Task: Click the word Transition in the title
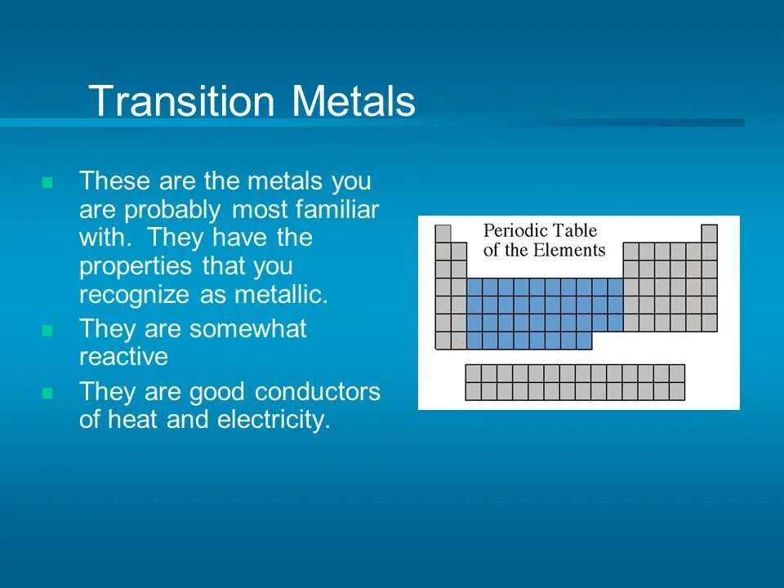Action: [x=182, y=100]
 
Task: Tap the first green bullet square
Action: [x=47, y=182]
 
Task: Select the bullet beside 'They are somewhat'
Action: [x=47, y=330]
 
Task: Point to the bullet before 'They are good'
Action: [x=47, y=393]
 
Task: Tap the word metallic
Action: [x=282, y=294]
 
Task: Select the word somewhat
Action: [x=248, y=329]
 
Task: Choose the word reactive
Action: [x=123, y=357]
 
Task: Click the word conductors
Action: [x=318, y=392]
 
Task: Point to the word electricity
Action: [x=274, y=419]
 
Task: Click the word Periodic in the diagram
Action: [x=515, y=230]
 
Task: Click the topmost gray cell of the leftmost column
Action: [x=443, y=234]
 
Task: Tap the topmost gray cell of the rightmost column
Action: [x=709, y=234]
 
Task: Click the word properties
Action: [x=136, y=267]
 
